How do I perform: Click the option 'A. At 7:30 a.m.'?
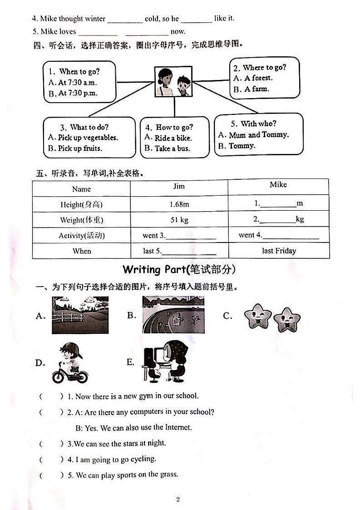point(73,83)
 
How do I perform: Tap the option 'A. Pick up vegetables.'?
point(83,138)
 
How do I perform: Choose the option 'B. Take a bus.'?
point(167,149)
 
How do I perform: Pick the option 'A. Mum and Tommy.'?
point(253,135)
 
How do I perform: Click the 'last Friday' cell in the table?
point(279,251)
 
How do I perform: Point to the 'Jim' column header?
point(179,186)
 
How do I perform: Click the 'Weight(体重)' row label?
point(82,220)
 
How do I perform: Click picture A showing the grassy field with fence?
point(80,315)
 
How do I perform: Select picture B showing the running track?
point(173,315)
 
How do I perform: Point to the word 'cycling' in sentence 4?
point(143,459)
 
